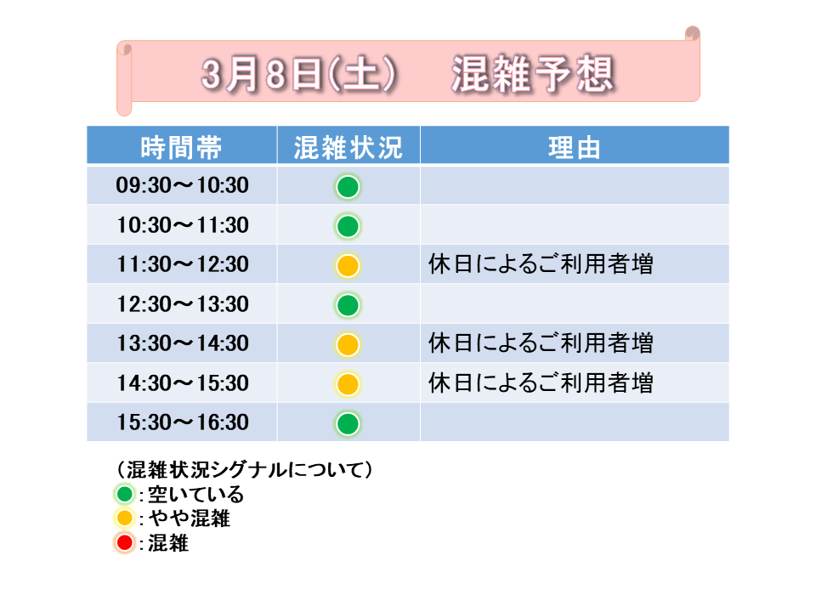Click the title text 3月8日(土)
[299, 73]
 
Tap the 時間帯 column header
[181, 147]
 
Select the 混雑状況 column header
[348, 147]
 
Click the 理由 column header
[575, 147]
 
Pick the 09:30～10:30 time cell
[182, 185]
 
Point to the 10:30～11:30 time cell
[182, 224]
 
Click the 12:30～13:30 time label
[182, 304]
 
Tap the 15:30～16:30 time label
[182, 422]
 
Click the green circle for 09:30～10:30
[348, 187]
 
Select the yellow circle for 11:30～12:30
[348, 265]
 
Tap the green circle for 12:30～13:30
[348, 305]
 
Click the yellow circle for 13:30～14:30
[348, 344]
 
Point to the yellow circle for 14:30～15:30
[348, 384]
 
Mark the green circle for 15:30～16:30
[348, 423]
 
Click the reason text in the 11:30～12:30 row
[541, 263]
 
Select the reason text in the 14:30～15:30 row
[541, 382]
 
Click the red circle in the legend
[125, 543]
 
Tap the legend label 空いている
[195, 494]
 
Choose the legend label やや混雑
[190, 518]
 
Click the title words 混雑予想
[533, 73]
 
